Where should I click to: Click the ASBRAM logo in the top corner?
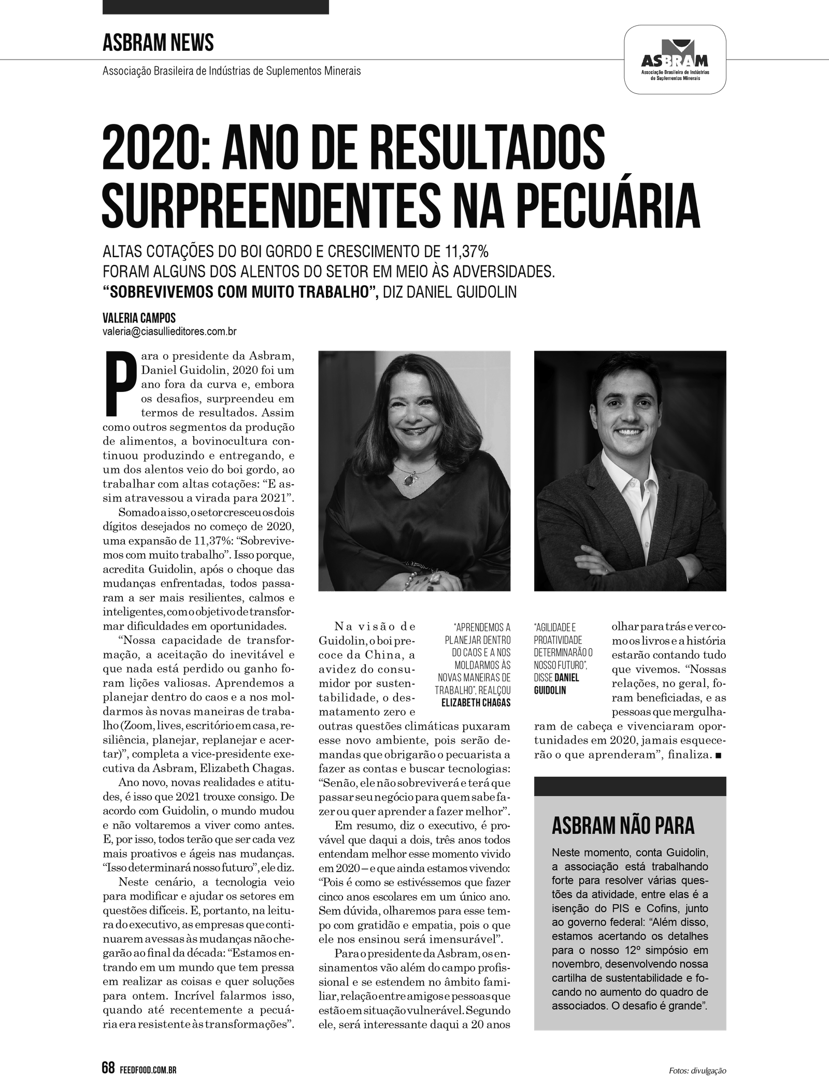[675, 61]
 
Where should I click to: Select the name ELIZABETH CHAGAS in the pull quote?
[476, 702]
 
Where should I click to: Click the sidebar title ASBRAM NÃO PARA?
[623, 826]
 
